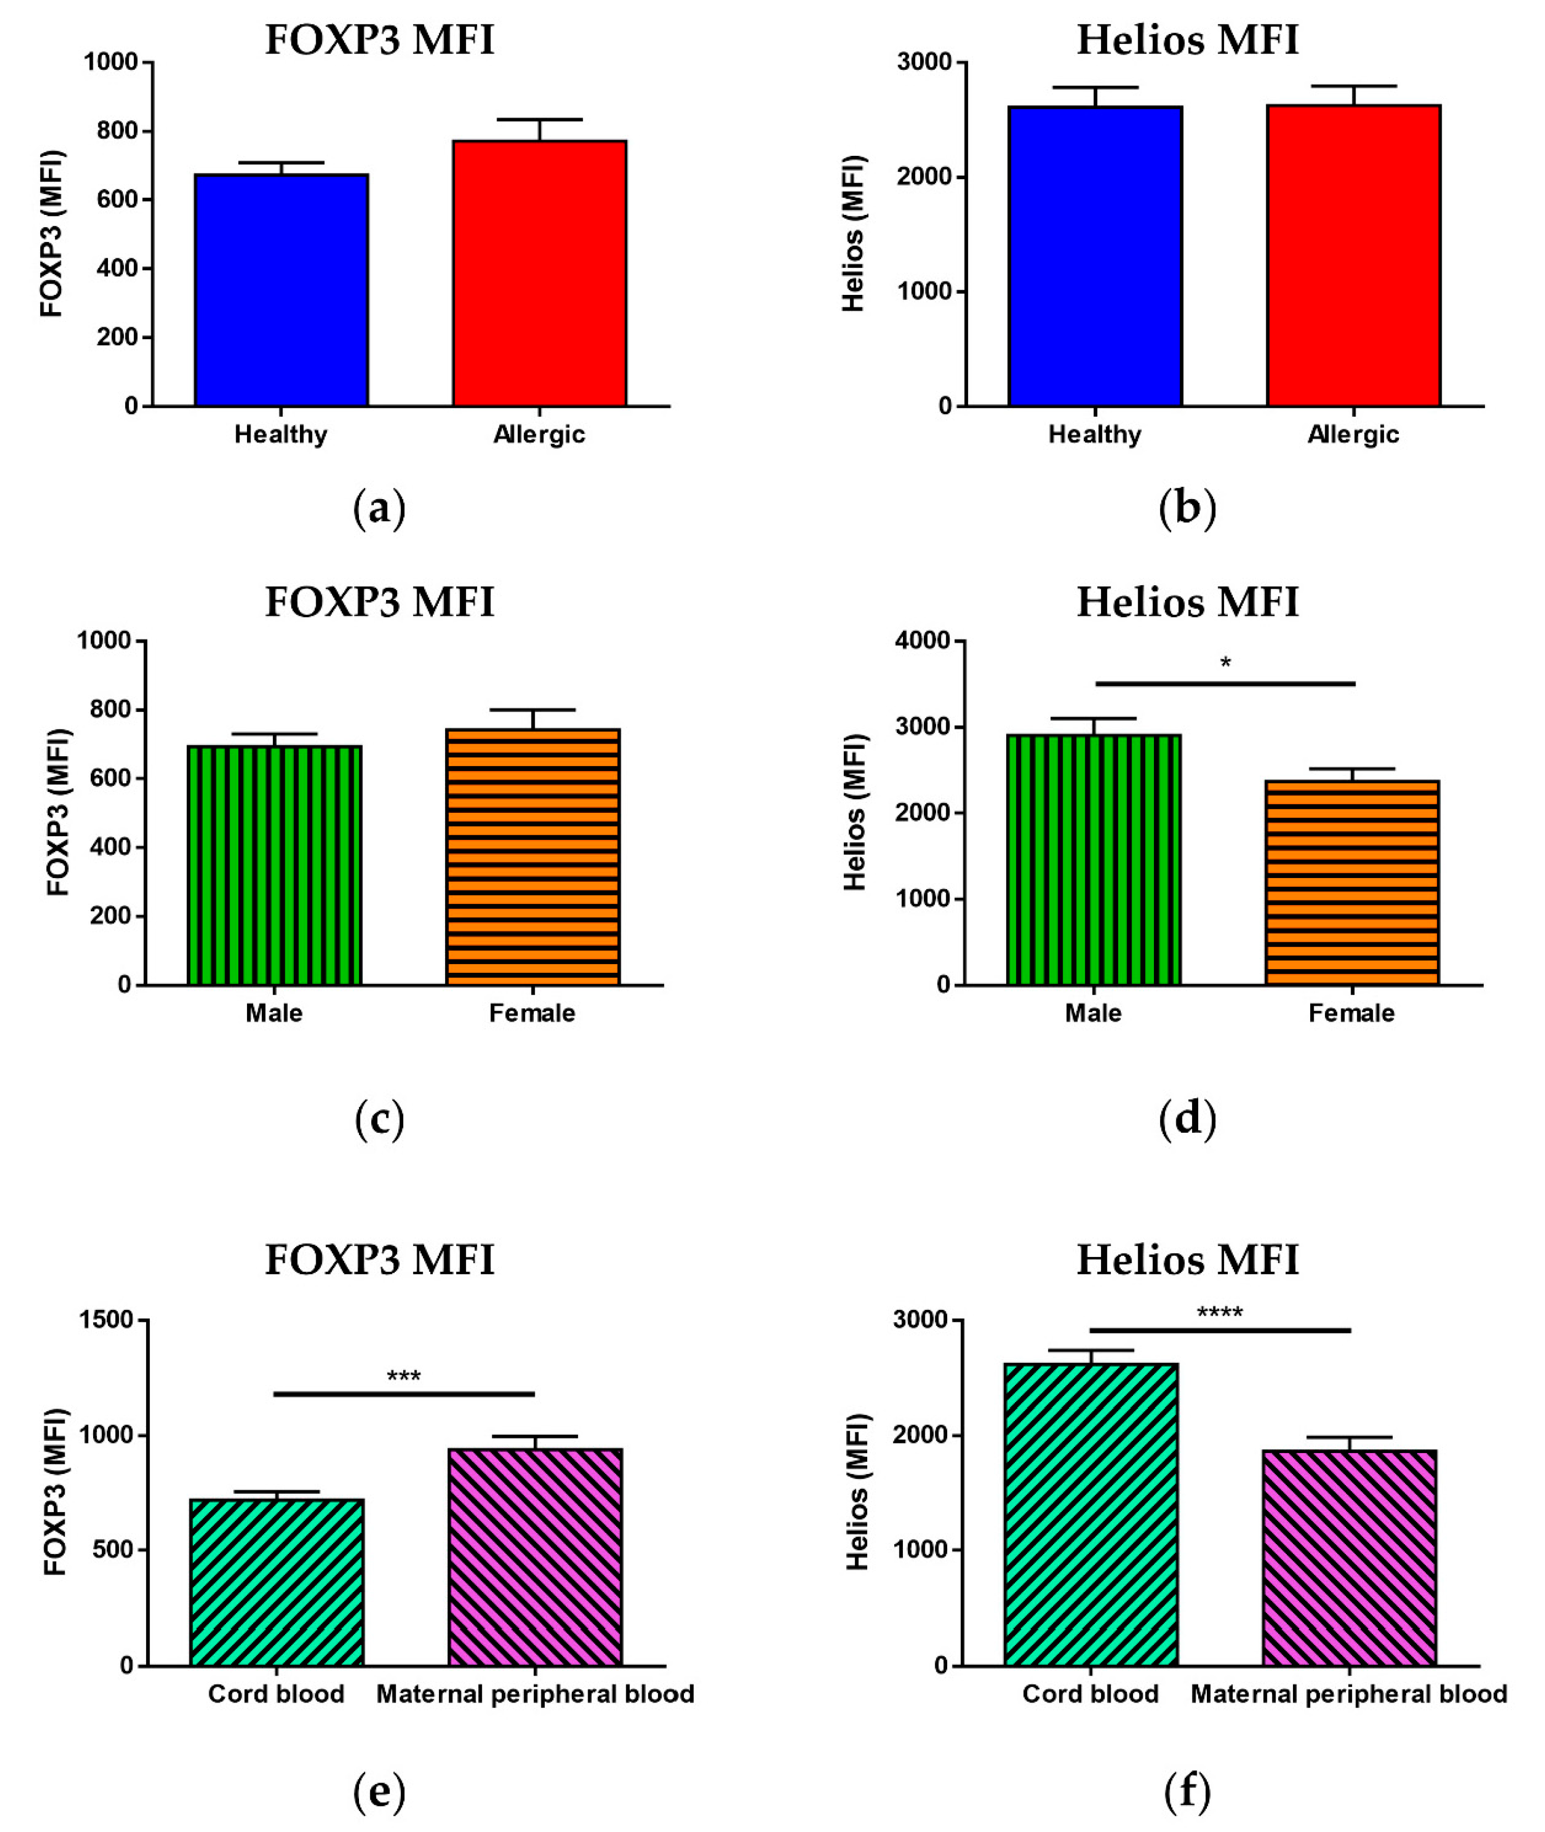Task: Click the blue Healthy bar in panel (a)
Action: click(281, 290)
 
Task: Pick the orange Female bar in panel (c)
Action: click(533, 856)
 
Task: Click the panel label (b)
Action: click(1187, 508)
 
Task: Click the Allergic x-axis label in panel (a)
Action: click(539, 434)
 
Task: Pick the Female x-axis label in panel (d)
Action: click(1351, 1014)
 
